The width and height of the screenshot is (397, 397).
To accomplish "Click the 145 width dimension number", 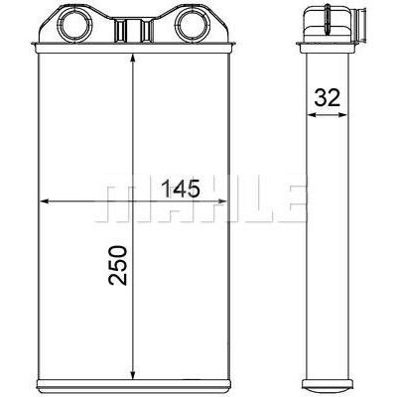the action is (x=181, y=189).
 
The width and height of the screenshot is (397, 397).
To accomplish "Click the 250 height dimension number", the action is (x=117, y=265).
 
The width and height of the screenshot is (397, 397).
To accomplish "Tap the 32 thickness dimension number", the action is (x=328, y=97).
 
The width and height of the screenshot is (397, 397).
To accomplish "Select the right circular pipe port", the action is (x=192, y=23).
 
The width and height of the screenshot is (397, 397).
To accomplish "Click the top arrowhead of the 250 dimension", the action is (x=133, y=59).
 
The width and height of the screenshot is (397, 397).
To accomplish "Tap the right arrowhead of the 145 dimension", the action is (x=222, y=200).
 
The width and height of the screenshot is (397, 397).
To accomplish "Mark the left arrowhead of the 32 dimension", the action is (x=312, y=115).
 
